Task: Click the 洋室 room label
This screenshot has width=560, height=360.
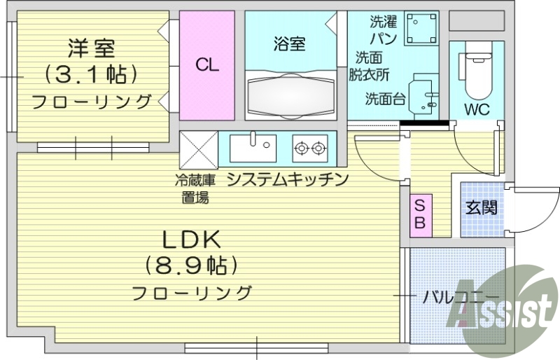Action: (91, 49)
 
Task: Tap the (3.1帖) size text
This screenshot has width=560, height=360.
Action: (91, 74)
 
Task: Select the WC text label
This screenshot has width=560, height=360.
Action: (477, 110)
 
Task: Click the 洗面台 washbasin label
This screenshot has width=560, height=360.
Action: (385, 99)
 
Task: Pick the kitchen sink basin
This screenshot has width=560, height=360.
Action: (253, 147)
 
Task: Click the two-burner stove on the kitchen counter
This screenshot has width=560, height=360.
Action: (310, 147)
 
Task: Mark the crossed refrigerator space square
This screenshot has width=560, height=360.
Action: (199, 148)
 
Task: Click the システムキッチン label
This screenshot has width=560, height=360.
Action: (288, 179)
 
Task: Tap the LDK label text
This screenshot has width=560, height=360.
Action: (192, 240)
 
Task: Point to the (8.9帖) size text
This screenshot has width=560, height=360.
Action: (192, 265)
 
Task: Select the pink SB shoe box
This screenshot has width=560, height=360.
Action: (420, 214)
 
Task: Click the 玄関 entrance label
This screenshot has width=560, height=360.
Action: (482, 207)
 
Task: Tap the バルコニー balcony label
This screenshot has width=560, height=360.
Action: (460, 296)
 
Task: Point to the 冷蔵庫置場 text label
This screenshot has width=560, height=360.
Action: (195, 188)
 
